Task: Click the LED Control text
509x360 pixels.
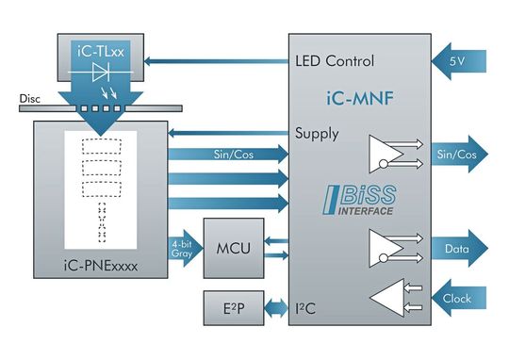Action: [335, 62]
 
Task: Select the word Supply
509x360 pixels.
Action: [317, 133]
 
